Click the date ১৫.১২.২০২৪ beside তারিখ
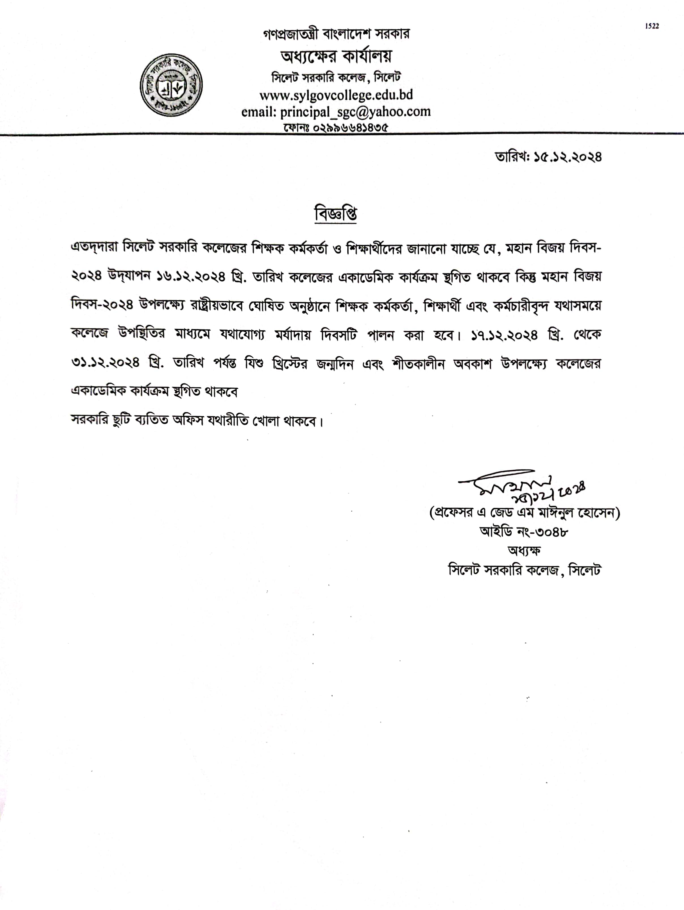point(568,157)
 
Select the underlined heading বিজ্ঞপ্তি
point(335,214)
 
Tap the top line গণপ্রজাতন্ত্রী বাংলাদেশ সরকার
point(336,34)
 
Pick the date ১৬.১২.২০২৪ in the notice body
point(191,277)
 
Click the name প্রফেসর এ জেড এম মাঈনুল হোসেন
point(525,513)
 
